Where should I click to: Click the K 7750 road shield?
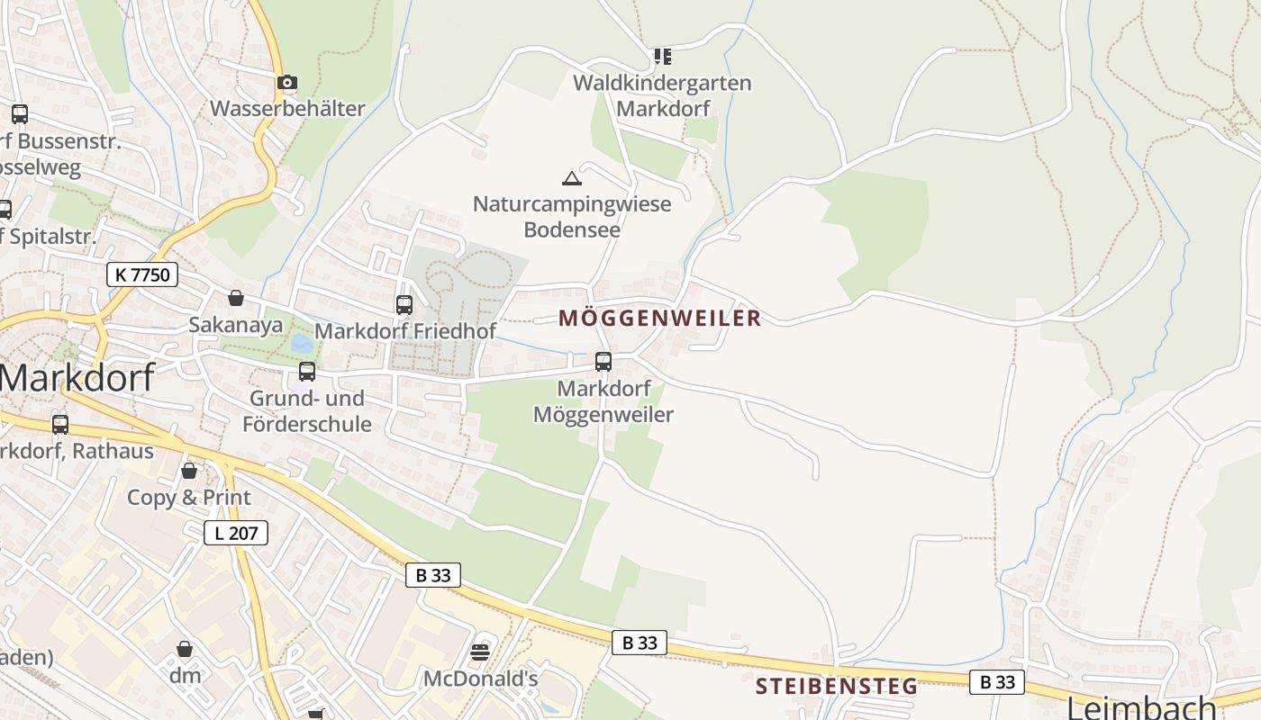coord(142,274)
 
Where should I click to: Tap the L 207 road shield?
coord(236,533)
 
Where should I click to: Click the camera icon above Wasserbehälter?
coord(287,83)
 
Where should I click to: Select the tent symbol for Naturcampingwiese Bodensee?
coord(572,178)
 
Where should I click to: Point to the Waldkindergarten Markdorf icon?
coord(663,57)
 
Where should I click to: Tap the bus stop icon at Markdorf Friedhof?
coord(404,304)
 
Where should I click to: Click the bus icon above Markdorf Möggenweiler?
coord(603,362)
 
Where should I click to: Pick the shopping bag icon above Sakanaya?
coord(236,298)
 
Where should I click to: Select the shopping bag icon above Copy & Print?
coord(189,471)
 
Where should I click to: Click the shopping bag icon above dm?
coord(185,649)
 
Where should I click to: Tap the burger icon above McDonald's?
coord(480,652)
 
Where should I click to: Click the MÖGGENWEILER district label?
coord(660,319)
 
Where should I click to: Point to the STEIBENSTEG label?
coord(837,687)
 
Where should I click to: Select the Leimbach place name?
coord(1141,706)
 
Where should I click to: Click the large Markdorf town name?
coord(77,378)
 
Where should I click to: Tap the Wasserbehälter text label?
coord(287,109)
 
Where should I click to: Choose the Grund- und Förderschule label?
coord(307,411)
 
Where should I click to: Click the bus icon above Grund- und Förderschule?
coord(307,371)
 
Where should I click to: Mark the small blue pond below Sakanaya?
coord(302,343)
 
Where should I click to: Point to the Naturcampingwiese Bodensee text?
coord(572,216)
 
